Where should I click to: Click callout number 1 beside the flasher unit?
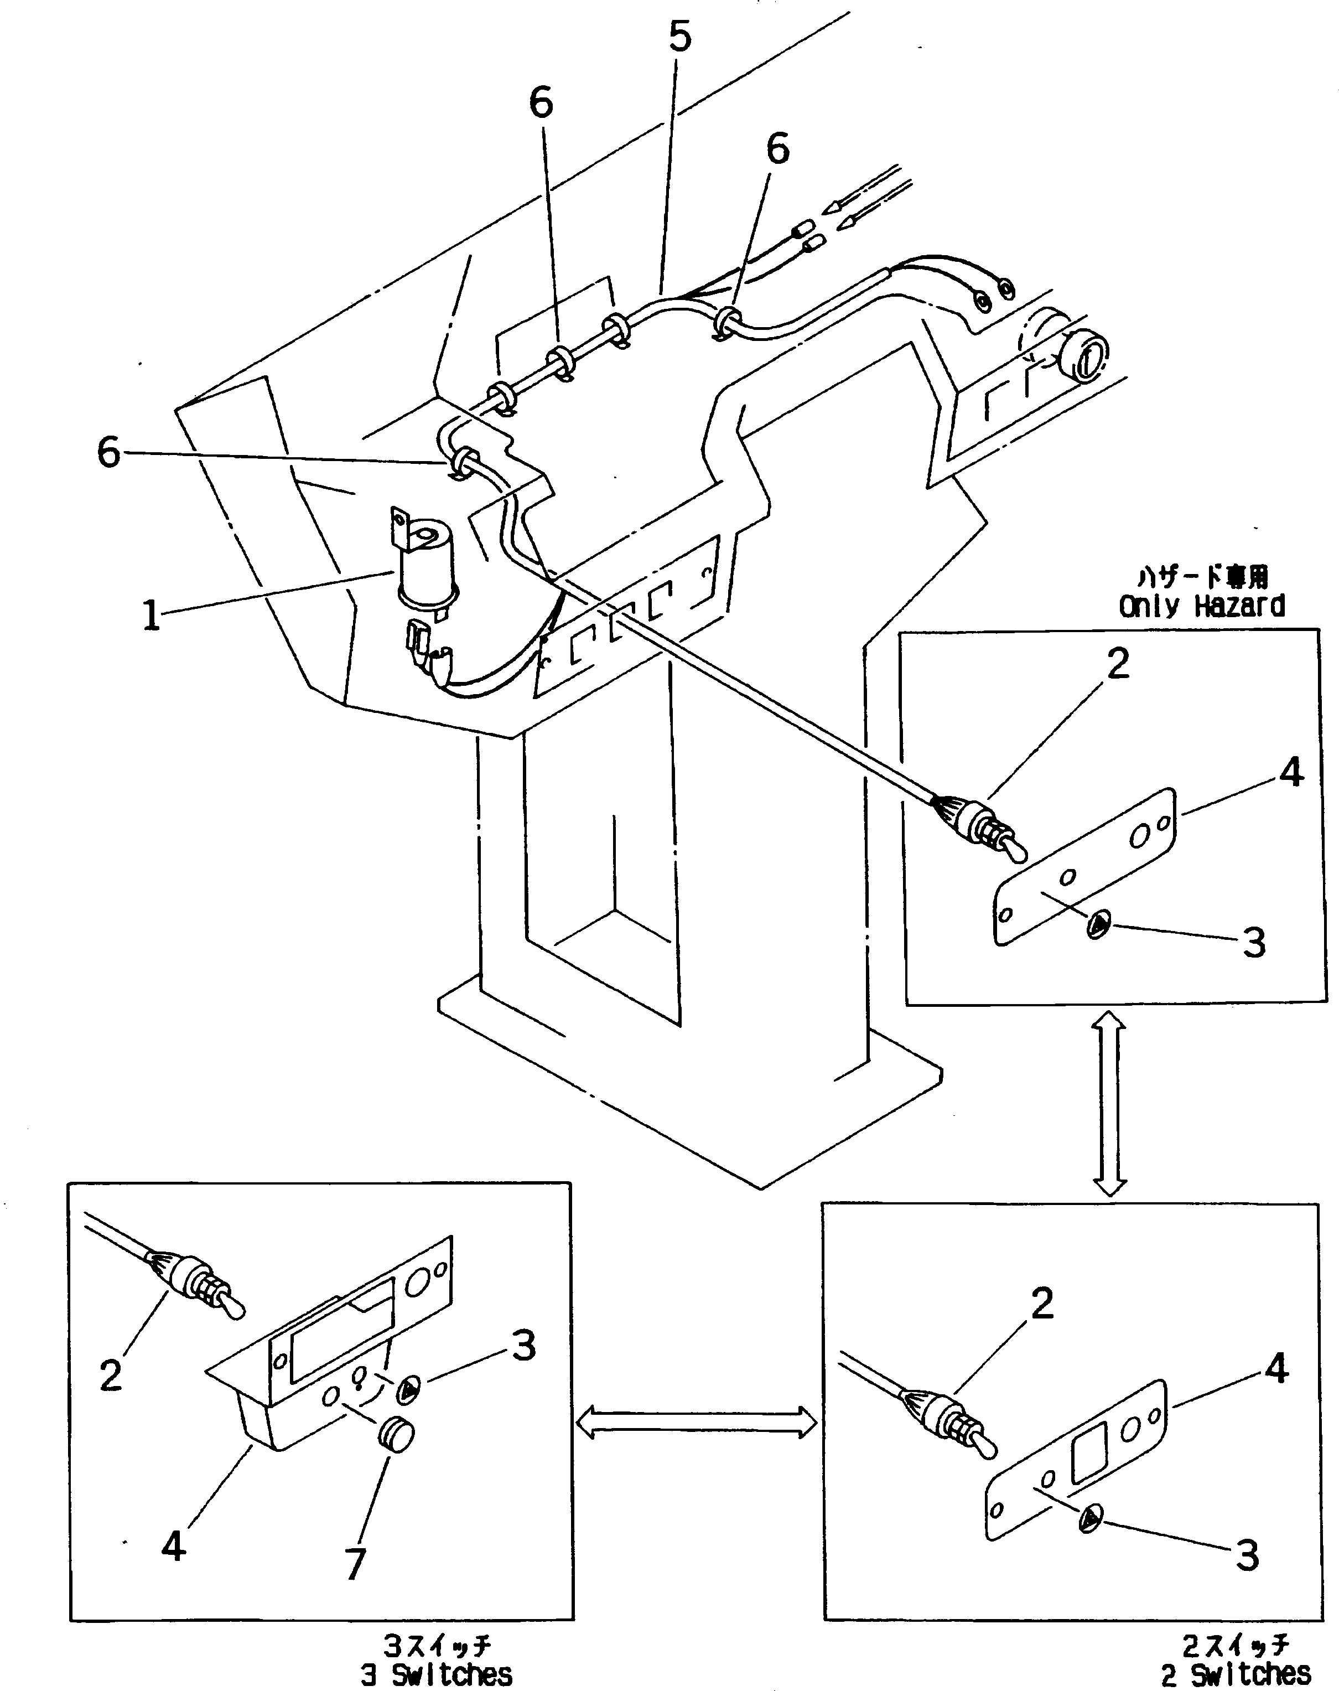(x=151, y=616)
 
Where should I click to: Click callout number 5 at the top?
(x=679, y=37)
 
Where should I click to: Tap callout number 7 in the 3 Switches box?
(x=355, y=1565)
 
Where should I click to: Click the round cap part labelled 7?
(x=397, y=1436)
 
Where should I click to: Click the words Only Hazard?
(x=1201, y=606)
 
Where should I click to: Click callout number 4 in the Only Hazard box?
(x=1290, y=773)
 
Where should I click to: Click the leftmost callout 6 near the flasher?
(x=109, y=453)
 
